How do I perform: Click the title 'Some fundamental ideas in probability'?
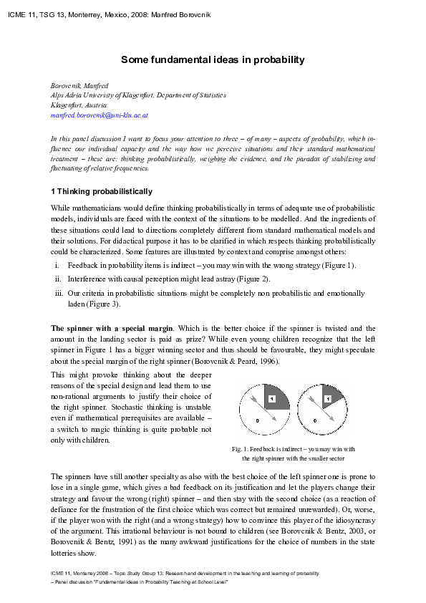213,60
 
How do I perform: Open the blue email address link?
99,115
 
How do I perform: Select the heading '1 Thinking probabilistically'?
101,191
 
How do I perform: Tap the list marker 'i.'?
57,265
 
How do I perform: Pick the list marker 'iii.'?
59,293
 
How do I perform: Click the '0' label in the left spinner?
247,420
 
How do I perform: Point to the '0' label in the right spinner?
315,420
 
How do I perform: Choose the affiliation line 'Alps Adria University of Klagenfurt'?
137,95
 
